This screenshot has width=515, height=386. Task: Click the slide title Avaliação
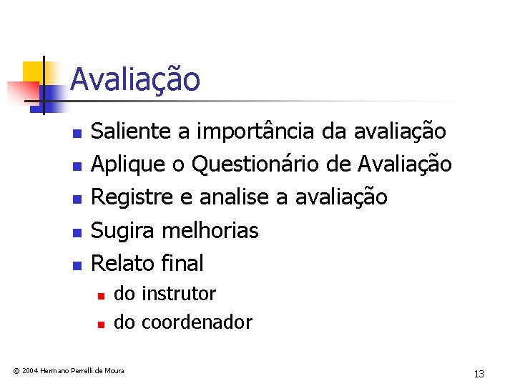tap(135, 79)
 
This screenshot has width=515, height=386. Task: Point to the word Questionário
tap(255, 164)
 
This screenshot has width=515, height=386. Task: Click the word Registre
tap(130, 197)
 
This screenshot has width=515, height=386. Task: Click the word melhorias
tap(210, 230)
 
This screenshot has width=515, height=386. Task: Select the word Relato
tap(122, 263)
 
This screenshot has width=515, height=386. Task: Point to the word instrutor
tap(179, 294)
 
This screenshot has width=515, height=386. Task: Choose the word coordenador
tap(197, 322)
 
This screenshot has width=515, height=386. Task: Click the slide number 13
tap(479, 374)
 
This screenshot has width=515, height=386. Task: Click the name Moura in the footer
tap(113, 370)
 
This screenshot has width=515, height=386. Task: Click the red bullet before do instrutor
tap(102, 295)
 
